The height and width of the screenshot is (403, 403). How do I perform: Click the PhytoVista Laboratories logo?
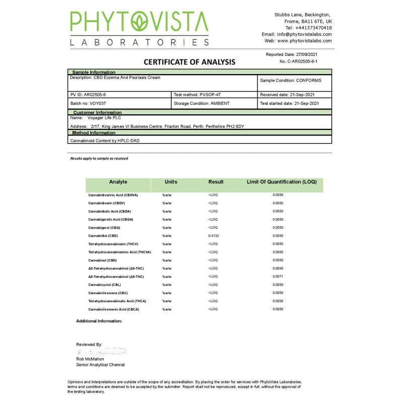coord(139,29)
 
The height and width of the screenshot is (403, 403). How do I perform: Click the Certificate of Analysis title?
coord(189,62)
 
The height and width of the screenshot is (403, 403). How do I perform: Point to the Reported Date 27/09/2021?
coord(292,54)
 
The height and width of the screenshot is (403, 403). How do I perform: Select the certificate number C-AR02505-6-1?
coord(299,61)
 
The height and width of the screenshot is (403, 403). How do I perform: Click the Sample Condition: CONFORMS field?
coord(291,81)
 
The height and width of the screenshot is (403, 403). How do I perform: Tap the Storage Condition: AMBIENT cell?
coord(201,103)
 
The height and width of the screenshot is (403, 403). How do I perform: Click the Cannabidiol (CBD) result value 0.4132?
coord(214,236)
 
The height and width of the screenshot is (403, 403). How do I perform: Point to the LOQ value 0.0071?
coord(278,277)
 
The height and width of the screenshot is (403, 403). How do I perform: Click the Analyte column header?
coord(118,182)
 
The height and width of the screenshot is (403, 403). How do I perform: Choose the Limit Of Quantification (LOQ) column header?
coord(282,182)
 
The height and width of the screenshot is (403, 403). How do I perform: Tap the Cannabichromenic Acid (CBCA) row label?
coord(113,309)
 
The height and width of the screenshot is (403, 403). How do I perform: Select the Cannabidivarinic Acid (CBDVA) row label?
coord(113,195)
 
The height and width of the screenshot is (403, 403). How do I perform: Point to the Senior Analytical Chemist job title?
coord(100,365)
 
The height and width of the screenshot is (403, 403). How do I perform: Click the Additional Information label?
coord(99,321)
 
